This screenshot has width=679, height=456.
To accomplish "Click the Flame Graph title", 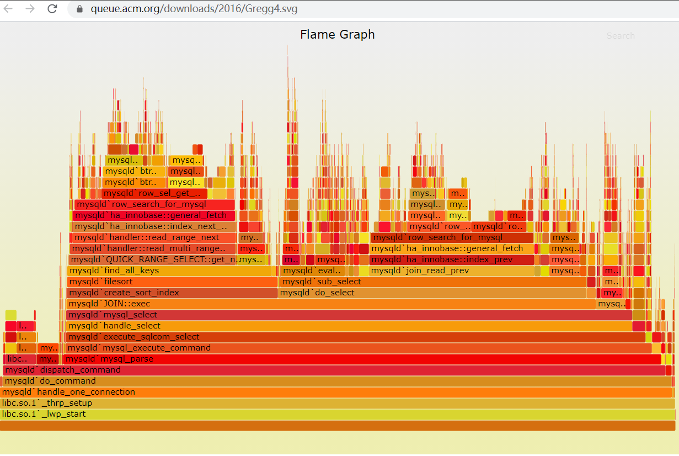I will (337, 35).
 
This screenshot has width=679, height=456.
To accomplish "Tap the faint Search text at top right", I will (621, 36).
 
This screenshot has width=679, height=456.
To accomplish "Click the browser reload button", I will (52, 9).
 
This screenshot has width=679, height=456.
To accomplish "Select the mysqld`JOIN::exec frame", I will (331, 304).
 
